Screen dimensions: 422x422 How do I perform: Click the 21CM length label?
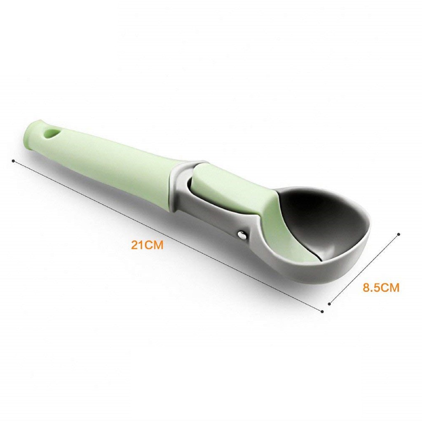coord(147,245)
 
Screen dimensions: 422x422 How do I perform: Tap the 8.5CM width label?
coord(381,288)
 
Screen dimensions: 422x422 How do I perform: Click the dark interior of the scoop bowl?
coord(321,218)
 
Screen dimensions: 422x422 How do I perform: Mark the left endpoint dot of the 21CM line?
coord(14,161)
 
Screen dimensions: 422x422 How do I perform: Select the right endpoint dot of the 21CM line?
coord(322,311)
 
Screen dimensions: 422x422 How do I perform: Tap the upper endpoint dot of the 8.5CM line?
coord(398,234)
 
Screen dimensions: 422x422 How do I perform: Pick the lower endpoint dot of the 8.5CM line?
coord(329,304)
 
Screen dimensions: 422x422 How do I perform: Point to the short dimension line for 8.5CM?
coord(364,269)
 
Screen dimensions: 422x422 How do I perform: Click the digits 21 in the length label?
coord(137,245)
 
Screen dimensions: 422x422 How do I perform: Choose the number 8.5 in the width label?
coord(371,288)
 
